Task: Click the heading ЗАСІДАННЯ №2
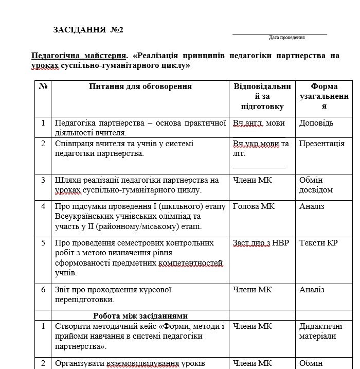click(x=88, y=30)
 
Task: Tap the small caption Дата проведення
click(x=286, y=38)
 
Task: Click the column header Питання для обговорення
click(x=140, y=86)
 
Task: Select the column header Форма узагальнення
click(x=324, y=96)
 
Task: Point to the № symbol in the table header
click(x=43, y=86)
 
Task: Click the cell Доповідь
click(x=316, y=123)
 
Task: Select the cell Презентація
click(x=322, y=144)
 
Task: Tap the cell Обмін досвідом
click(x=316, y=185)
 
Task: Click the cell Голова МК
click(x=254, y=206)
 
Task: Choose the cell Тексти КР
click(x=318, y=242)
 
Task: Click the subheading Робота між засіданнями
click(x=140, y=315)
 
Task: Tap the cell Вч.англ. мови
click(x=259, y=123)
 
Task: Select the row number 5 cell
click(x=43, y=242)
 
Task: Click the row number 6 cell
click(x=43, y=290)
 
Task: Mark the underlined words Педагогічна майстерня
click(x=79, y=56)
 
